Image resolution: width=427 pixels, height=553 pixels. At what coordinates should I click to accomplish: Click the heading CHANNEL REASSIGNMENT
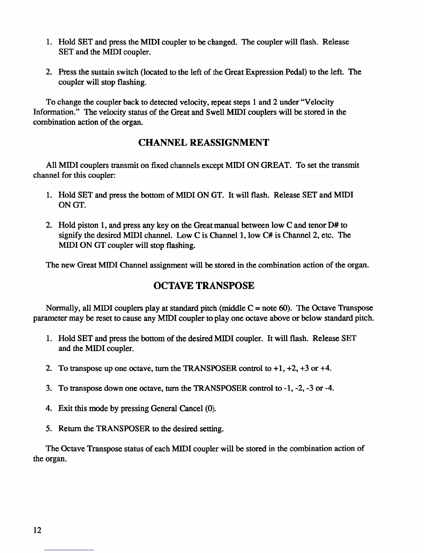204,142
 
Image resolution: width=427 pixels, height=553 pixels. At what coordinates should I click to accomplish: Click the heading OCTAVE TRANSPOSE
204,286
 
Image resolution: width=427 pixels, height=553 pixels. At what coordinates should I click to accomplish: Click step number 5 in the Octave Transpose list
48,428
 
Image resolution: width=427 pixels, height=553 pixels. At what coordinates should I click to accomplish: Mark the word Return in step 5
70,428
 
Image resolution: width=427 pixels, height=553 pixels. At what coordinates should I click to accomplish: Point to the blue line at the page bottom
69,550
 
